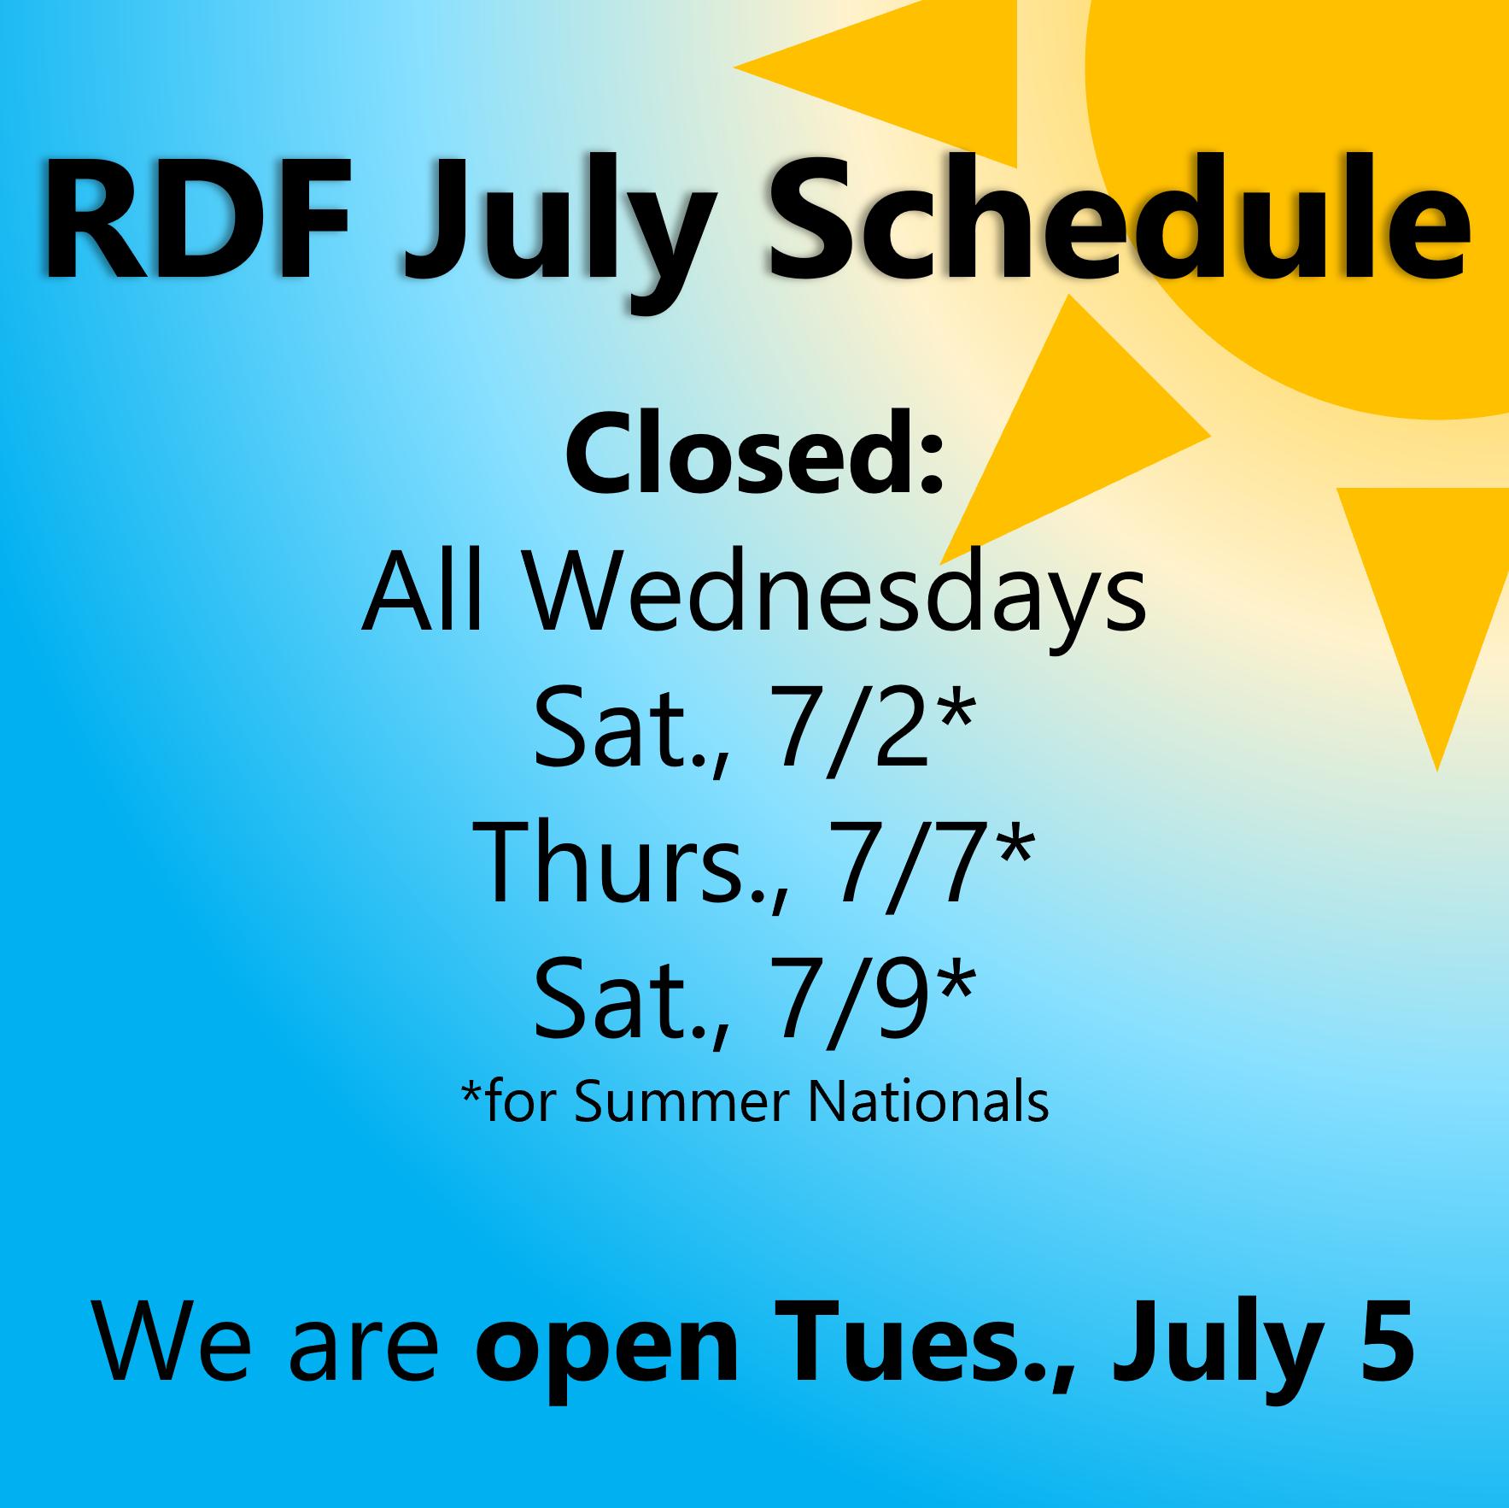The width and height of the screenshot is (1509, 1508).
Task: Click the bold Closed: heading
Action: [x=755, y=453]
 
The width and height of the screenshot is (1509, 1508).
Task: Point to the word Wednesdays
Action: [x=835, y=598]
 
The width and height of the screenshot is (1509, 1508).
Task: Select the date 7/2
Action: [x=851, y=729]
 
